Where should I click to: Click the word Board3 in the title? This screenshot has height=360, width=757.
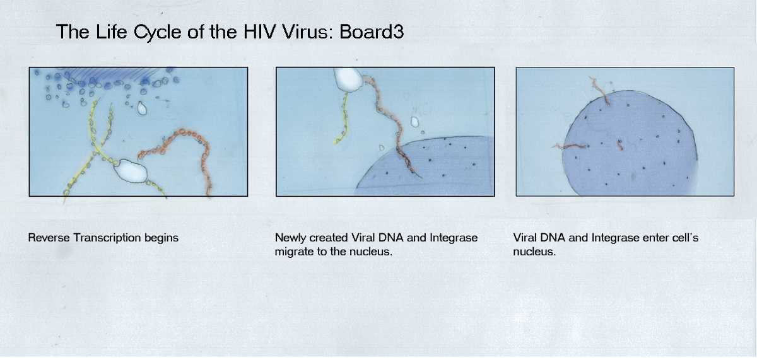click(372, 32)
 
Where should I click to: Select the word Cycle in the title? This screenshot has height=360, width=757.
click(158, 33)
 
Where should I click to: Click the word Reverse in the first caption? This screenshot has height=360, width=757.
click(49, 238)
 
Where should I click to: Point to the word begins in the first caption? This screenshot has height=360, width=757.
click(161, 238)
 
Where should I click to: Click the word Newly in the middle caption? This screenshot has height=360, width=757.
click(290, 238)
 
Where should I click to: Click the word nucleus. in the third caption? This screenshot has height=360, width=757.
click(534, 252)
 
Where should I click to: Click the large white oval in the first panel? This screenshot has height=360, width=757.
click(131, 171)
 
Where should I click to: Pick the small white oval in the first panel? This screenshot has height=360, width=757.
click(142, 108)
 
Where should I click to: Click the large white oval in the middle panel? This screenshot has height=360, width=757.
click(348, 79)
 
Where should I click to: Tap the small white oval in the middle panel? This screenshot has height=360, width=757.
click(414, 122)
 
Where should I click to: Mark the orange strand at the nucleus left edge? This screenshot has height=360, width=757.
click(570, 146)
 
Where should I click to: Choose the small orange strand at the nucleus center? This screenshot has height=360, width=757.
click(620, 146)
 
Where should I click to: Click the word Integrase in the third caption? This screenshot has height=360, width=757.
click(611, 238)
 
